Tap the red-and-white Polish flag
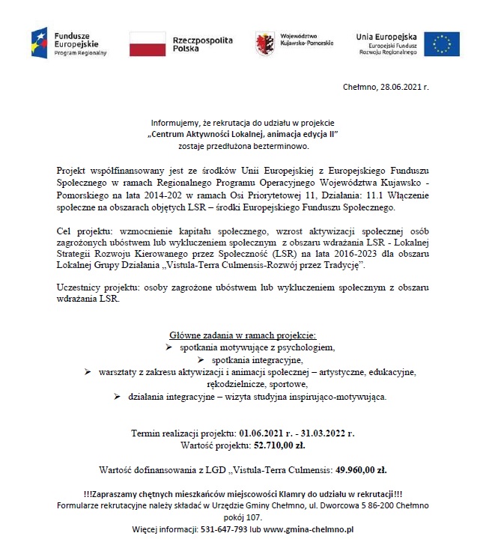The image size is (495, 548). pos(147,44)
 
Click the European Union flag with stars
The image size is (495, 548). pos(441,44)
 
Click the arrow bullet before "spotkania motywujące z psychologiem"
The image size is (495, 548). pos(169,348)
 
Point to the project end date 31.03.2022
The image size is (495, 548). pos(328,433)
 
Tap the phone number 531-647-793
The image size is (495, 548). pos(225,529)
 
